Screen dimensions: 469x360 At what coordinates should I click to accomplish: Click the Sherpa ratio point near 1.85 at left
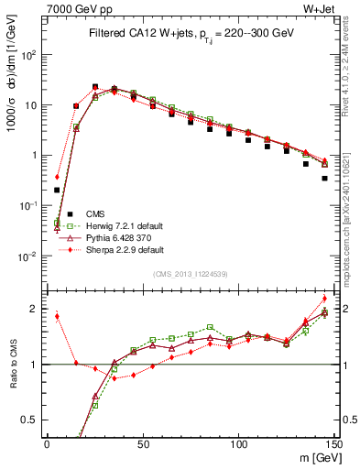pos(57,317)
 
